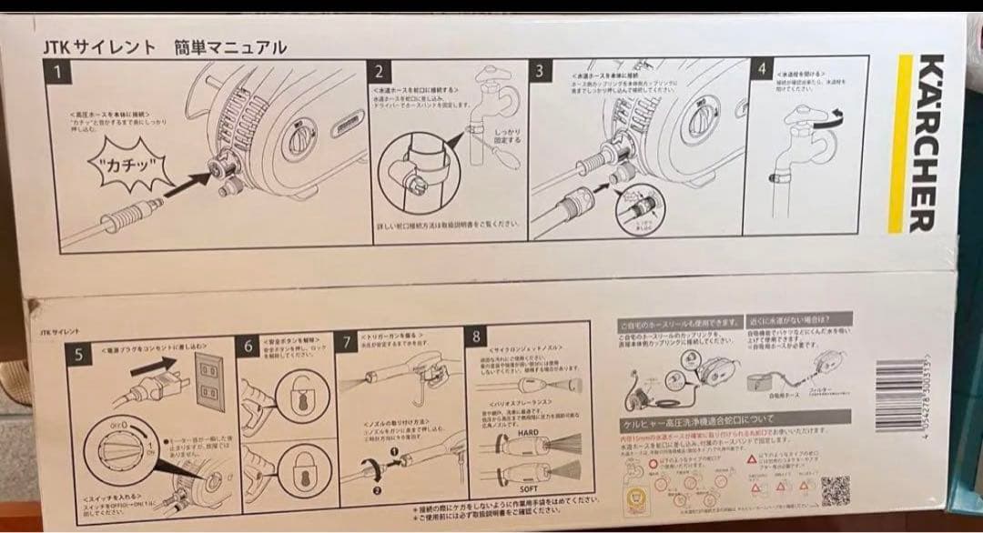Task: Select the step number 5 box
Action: (x=81, y=355)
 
